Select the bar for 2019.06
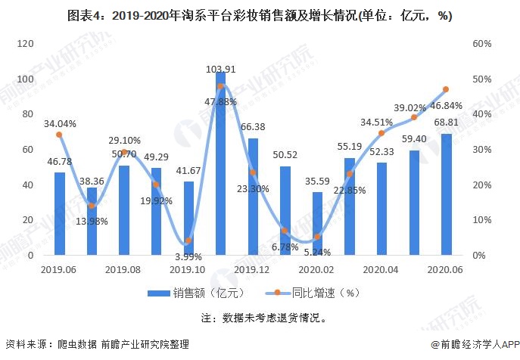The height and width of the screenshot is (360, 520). (x=59, y=214)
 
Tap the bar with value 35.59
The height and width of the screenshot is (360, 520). (x=317, y=224)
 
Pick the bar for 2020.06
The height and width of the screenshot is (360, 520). (x=446, y=194)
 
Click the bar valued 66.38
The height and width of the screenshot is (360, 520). (x=253, y=197)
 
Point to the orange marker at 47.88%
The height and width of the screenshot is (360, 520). (x=220, y=86)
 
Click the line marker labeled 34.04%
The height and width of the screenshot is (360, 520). (x=59, y=135)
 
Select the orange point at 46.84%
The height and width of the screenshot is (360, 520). (x=446, y=89)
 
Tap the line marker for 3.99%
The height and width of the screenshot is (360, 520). (x=188, y=241)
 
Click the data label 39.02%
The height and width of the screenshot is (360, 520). (x=409, y=107)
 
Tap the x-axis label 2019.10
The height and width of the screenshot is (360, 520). (x=187, y=269)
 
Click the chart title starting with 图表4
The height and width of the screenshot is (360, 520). (x=260, y=17)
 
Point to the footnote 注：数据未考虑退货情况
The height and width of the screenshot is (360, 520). (x=260, y=318)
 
